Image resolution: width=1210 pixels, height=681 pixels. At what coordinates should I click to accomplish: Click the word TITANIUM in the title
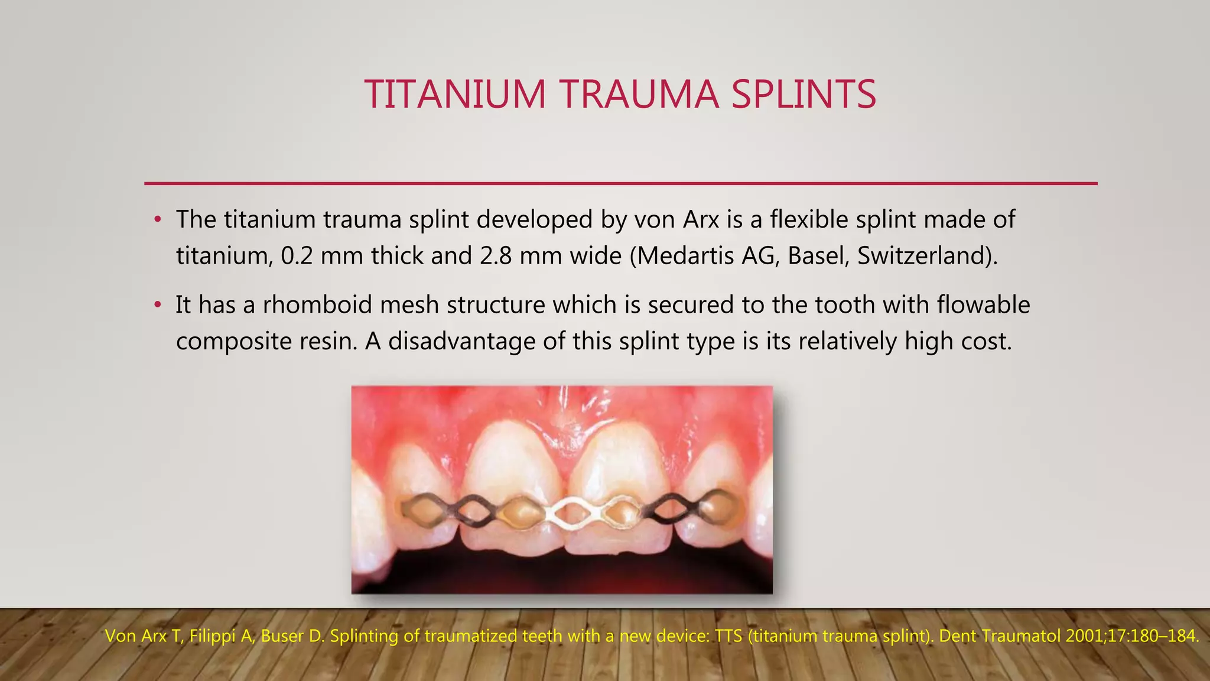coord(455,95)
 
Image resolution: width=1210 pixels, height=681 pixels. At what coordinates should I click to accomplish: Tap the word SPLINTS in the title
coord(804,95)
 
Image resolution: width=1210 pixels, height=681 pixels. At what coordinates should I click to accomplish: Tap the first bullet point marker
coord(157,220)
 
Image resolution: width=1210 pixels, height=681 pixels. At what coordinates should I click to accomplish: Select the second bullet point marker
coord(157,306)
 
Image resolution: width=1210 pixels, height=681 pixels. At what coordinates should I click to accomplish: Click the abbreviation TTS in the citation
coord(728,636)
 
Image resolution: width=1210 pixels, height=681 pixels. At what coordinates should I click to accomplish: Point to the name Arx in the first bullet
coord(701,220)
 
